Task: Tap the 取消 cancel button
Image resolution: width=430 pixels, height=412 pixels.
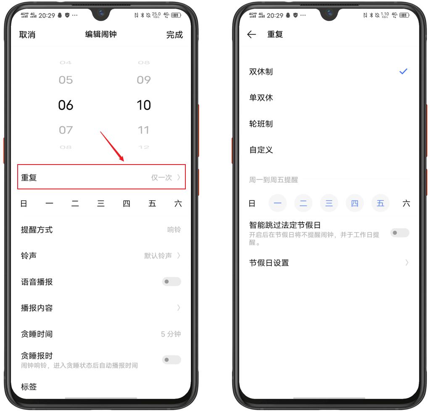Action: [27, 35]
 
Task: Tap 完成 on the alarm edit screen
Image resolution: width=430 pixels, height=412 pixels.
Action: [174, 35]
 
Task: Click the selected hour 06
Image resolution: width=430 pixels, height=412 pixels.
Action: [66, 105]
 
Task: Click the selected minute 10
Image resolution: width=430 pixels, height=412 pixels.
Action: [144, 105]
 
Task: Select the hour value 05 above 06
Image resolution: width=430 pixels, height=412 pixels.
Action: [66, 80]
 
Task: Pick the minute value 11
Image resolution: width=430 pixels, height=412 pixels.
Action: [144, 130]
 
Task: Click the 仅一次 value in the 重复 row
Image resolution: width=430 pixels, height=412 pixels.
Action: [162, 178]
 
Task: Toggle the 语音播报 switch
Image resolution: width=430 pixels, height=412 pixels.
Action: [171, 282]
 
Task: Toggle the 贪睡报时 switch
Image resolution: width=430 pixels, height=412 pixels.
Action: [171, 360]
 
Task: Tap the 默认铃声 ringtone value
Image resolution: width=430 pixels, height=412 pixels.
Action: [158, 255]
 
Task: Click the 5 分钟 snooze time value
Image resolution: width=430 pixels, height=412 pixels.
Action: [171, 334]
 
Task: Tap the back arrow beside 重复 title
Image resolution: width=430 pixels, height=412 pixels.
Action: [252, 35]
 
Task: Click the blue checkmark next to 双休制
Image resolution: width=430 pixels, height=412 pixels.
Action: [403, 72]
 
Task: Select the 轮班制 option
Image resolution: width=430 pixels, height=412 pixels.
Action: [261, 124]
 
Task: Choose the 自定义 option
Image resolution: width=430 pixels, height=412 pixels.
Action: [261, 150]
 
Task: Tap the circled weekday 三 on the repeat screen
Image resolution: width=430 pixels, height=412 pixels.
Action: [329, 204]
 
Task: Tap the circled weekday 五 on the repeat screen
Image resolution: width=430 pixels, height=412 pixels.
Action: [380, 204]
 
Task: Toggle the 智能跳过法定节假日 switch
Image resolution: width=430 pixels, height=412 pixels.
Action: [399, 233]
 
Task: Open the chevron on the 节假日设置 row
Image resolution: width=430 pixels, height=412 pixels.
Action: [406, 263]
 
